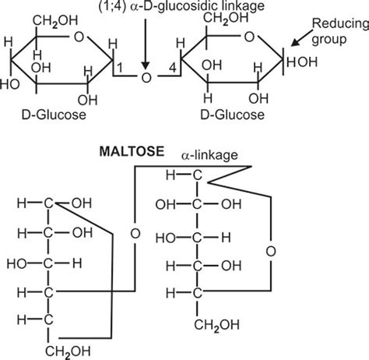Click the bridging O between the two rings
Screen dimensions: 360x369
pyautogui.click(x=144, y=78)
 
